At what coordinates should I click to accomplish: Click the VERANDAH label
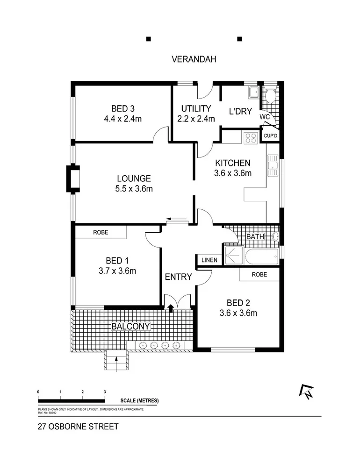pos(193,59)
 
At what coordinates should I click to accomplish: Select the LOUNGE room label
pos(134,178)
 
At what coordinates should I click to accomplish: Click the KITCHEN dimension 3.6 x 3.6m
pos(233,173)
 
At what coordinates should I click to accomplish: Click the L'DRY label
pos(240,112)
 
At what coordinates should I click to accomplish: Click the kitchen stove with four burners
pos(251,137)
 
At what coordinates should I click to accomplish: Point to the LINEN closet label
pos(209,260)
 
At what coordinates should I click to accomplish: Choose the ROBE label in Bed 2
pos(259,274)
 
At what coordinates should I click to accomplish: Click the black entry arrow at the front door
pos(171,307)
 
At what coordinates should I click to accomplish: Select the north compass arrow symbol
pos(307,392)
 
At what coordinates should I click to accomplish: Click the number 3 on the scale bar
pos(105,392)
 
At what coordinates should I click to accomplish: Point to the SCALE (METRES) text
pos(139,401)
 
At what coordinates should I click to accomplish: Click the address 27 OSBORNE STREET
pos(78,427)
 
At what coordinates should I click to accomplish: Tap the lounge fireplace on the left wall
pos(74,178)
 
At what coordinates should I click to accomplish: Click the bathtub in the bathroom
pos(262,257)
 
